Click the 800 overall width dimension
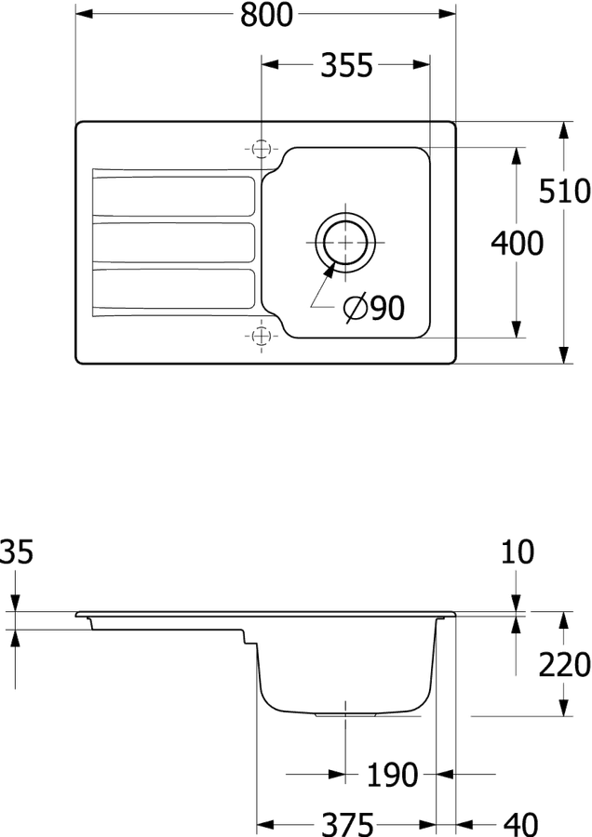[266, 14]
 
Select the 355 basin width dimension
[346, 66]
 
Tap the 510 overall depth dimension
[564, 191]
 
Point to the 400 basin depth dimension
[518, 244]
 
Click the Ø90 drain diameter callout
[374, 308]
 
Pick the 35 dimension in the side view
[16, 551]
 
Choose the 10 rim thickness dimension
[518, 551]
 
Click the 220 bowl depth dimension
[564, 665]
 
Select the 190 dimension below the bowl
[392, 775]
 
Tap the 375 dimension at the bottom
[347, 825]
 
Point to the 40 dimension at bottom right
[521, 825]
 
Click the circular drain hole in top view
[345, 243]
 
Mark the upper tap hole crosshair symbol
[261, 149]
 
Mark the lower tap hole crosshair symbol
[261, 336]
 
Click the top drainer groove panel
[174, 196]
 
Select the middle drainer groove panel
[174, 243]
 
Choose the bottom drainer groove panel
[174, 289]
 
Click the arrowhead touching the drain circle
[330, 270]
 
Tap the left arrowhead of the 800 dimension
[85, 13]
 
